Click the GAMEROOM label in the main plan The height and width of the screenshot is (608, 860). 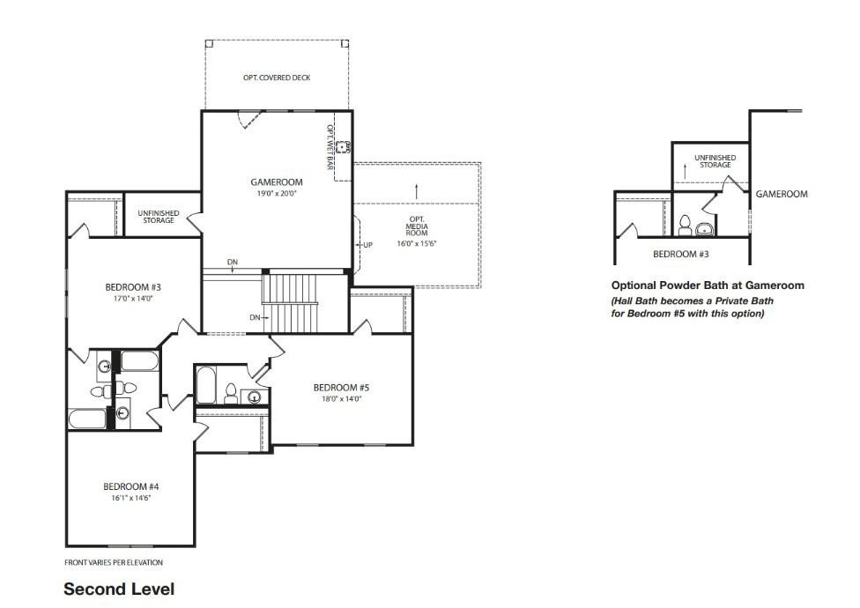[x=277, y=182]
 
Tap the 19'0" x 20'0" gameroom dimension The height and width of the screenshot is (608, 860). [x=277, y=194]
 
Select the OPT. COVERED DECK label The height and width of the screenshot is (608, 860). [x=277, y=78]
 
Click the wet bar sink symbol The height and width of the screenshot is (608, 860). [x=344, y=147]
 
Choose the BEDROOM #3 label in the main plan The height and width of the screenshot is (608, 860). [x=133, y=287]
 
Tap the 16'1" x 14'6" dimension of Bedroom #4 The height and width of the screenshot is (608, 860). [x=130, y=499]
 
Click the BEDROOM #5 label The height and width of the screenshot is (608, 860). [x=341, y=388]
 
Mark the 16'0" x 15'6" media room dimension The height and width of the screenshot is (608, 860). [x=417, y=243]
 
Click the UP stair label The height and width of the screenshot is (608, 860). [x=367, y=245]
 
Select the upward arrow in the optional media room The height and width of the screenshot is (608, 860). [x=417, y=191]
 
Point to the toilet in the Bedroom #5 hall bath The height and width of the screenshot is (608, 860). [x=231, y=393]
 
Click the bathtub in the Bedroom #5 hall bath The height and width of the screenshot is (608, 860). [x=206, y=385]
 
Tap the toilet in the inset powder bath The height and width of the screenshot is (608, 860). [x=685, y=226]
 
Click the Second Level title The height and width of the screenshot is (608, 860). [x=119, y=589]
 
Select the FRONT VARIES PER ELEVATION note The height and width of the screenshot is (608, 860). [x=114, y=562]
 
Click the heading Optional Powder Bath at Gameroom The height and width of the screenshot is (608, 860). [x=708, y=285]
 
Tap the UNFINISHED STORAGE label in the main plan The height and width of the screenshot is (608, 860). [x=159, y=217]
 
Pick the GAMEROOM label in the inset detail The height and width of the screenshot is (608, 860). [x=782, y=194]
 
